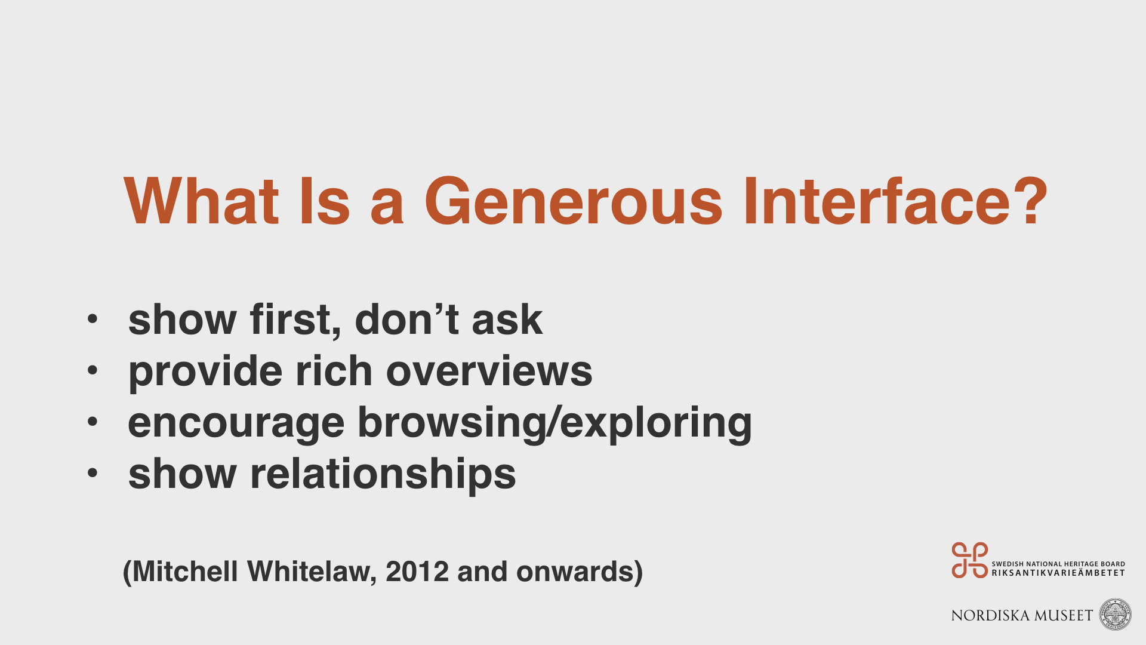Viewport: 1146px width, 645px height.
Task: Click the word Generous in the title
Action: [573, 201]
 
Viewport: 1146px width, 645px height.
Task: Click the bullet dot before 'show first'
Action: [92, 319]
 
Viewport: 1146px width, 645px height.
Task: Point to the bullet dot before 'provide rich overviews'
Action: [92, 370]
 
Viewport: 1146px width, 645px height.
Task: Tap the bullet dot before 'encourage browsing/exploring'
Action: [92, 422]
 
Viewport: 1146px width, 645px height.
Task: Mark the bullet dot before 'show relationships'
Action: [92, 473]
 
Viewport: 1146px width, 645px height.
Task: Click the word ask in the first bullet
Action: [507, 320]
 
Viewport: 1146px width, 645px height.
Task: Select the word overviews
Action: [489, 371]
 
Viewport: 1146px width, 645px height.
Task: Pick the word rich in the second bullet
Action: [334, 370]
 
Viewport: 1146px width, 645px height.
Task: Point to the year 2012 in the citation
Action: [417, 572]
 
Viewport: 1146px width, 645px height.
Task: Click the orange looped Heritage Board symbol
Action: [970, 560]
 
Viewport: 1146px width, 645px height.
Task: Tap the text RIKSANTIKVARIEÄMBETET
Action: [1058, 573]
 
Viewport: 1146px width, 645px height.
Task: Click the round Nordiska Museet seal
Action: [1116, 615]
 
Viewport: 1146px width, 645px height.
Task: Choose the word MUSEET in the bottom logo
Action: [1064, 616]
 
